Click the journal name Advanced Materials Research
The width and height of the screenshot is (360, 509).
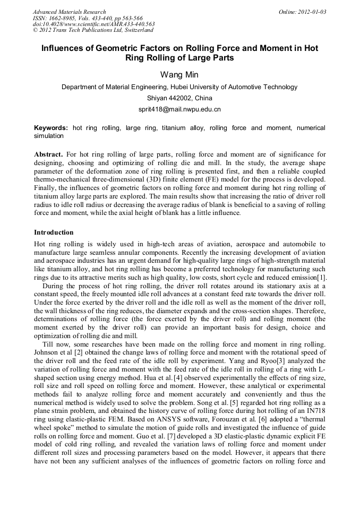[x=70, y=12]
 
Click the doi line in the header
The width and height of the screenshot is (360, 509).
[x=94, y=24]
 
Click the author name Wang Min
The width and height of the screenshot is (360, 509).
[x=179, y=74]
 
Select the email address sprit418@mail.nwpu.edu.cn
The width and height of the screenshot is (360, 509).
[x=179, y=109]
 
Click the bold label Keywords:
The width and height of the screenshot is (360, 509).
[x=51, y=128]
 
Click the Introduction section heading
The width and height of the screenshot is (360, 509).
[x=54, y=232]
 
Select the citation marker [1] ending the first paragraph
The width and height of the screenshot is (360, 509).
[x=321, y=278]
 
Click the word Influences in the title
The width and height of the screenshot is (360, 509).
[x=65, y=48]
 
